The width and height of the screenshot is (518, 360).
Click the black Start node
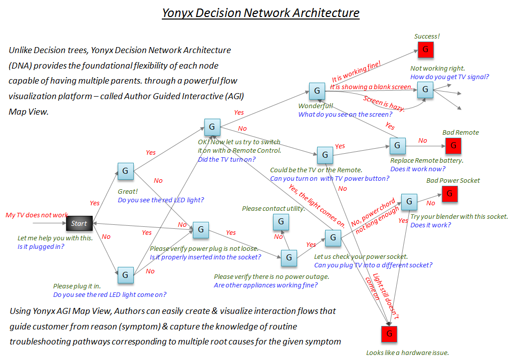79,223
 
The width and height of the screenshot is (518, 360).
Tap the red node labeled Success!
425,49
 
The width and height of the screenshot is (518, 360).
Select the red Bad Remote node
453,145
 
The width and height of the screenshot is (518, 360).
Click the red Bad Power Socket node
449,193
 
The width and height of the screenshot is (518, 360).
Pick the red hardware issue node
389,333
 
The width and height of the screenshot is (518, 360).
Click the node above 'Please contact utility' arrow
281,221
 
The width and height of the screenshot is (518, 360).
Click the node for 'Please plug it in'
125,274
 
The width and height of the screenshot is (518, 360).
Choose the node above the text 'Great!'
125,171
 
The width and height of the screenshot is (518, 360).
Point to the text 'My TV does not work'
37,215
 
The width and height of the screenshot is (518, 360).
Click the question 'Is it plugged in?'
41,246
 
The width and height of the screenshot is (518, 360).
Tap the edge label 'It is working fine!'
356,72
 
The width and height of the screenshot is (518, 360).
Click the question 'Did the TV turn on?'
226,159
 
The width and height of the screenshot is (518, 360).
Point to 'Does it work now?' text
417,169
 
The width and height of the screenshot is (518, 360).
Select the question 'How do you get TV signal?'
449,77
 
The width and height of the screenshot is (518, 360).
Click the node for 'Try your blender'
409,201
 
